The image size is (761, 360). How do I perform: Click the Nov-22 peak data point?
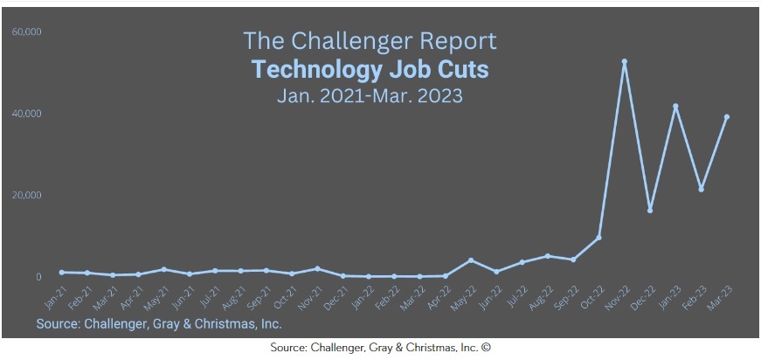pyautogui.click(x=625, y=61)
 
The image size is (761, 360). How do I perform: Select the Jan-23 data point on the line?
pyautogui.click(x=675, y=107)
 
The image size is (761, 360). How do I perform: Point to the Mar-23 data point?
pyautogui.click(x=727, y=117)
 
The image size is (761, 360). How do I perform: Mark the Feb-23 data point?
pyautogui.click(x=702, y=189)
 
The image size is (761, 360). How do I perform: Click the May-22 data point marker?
pyautogui.click(x=471, y=260)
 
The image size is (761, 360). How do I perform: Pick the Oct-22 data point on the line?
pyautogui.click(x=599, y=238)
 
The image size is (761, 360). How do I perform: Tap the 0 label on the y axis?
pyautogui.click(x=38, y=277)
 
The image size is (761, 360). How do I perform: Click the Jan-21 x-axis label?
pyautogui.click(x=55, y=301)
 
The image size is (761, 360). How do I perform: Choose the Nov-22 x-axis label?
pyautogui.click(x=619, y=301)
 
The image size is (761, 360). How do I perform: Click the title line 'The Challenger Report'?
pyautogui.click(x=370, y=41)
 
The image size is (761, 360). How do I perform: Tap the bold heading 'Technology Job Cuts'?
pyautogui.click(x=370, y=69)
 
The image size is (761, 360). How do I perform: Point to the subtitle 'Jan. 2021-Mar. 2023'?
pyautogui.click(x=370, y=95)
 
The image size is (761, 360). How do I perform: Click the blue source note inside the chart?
pyautogui.click(x=159, y=324)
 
